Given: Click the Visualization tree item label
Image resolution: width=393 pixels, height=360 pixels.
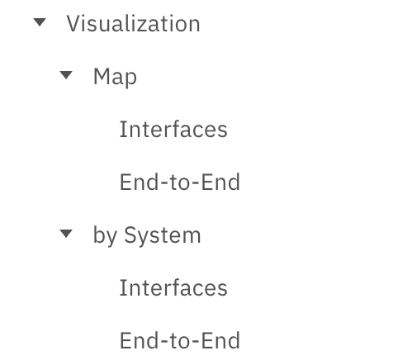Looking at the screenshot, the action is [x=133, y=24].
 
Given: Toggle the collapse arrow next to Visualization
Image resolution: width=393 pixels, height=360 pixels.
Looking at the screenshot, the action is [x=40, y=22].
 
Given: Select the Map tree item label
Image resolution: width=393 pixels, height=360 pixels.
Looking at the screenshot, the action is [x=115, y=77].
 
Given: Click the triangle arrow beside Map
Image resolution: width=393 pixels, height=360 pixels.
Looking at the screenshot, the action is [x=66, y=75].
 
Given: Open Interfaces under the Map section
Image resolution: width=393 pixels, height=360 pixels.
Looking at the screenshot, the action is [x=173, y=129].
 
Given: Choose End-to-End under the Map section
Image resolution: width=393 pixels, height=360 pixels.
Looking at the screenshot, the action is [x=180, y=182].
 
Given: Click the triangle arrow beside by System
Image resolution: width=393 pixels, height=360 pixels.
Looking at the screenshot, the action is [x=66, y=234].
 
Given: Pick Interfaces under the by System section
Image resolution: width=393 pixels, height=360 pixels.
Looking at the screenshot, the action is [x=173, y=287].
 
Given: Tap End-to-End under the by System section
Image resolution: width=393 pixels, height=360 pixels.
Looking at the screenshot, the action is [x=180, y=340].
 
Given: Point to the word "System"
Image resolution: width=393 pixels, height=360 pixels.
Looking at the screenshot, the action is [x=163, y=236].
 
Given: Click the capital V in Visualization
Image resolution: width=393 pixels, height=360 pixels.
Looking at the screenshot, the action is [x=74, y=24].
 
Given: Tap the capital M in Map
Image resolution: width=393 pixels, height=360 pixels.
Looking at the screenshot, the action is [x=102, y=76].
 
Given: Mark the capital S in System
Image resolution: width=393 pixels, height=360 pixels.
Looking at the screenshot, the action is [x=131, y=234].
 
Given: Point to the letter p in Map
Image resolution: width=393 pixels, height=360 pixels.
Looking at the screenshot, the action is [x=130, y=79].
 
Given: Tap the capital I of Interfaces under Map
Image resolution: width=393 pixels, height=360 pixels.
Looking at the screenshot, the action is [x=122, y=129].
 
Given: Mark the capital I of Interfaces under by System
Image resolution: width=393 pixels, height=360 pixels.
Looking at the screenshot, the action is [x=122, y=287].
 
